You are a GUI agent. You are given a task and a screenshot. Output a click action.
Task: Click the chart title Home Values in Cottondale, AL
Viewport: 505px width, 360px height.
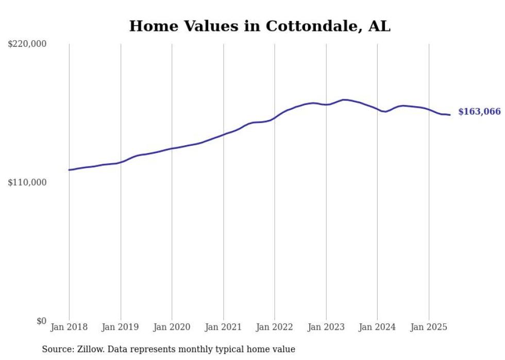click(260, 26)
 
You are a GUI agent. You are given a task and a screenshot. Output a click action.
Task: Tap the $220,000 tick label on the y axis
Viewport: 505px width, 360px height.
click(27, 44)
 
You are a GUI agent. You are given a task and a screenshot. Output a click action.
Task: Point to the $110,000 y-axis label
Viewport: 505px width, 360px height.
click(27, 182)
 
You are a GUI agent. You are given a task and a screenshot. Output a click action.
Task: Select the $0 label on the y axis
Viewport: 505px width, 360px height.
click(41, 321)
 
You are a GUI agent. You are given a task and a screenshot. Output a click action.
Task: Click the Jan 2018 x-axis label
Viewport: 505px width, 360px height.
click(69, 327)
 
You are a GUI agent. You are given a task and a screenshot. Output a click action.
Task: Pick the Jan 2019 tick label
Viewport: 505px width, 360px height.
click(121, 327)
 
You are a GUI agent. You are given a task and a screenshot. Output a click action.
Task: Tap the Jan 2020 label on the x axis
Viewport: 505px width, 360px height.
click(172, 327)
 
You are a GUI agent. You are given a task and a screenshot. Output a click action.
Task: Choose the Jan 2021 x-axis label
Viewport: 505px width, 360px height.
click(223, 327)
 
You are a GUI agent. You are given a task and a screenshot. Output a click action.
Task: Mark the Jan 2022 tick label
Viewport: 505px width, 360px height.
click(275, 327)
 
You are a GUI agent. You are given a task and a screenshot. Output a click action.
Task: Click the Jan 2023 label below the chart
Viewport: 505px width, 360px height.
click(326, 327)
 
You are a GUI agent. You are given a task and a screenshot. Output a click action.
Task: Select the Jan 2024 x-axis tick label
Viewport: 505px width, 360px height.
click(377, 327)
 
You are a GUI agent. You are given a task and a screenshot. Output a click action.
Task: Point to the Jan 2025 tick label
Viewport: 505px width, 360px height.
click(429, 327)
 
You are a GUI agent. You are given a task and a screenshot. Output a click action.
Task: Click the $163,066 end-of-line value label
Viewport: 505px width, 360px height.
click(479, 112)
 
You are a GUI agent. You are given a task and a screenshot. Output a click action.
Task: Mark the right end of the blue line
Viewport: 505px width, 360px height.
click(450, 115)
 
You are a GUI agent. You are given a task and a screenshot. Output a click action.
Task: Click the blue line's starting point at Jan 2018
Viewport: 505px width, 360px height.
click(69, 169)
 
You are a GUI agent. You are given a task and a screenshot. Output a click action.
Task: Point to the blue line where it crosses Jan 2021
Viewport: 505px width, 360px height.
click(223, 134)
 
